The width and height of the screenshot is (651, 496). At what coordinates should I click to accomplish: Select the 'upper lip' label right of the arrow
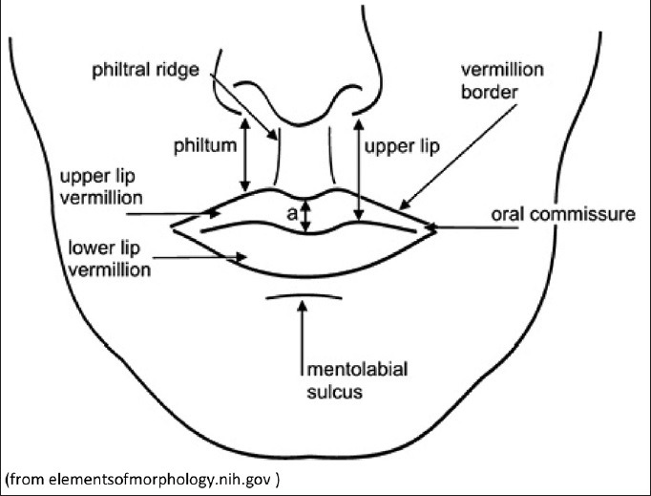click(x=398, y=149)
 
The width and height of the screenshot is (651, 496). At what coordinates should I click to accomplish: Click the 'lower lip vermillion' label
click(x=109, y=258)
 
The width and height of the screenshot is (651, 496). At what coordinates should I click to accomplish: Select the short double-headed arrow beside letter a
click(x=305, y=215)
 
